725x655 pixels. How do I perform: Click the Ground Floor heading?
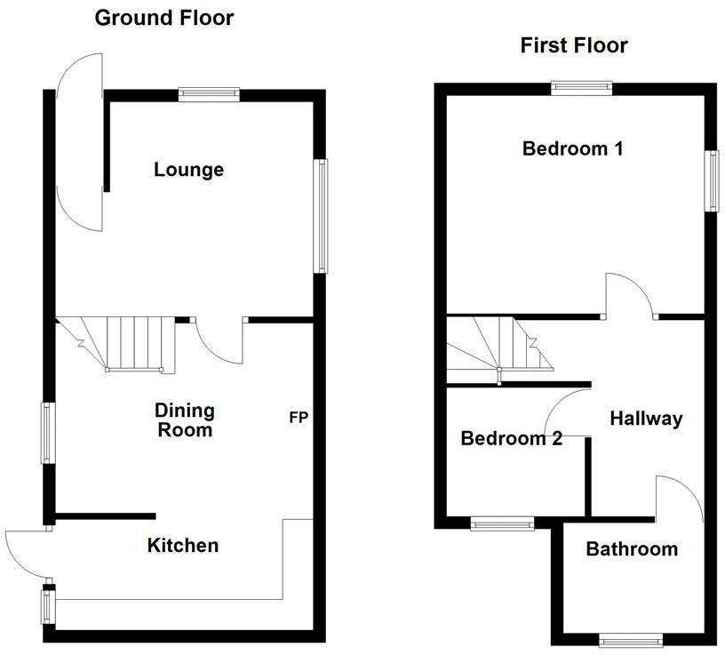pos(163,17)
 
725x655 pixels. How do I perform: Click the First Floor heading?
pos(574,45)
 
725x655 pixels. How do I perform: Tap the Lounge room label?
pos(188,169)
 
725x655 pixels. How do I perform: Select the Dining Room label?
pos(185,420)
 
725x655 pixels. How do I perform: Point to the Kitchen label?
pos(183,545)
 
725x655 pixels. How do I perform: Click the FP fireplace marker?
pos(298,417)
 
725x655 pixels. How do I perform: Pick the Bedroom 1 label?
pos(572,148)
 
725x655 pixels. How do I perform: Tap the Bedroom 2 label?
pos(511,438)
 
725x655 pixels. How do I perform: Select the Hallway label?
pos(646,419)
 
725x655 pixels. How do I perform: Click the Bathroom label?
pos(632,549)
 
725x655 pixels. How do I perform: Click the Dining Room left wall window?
pos(45,433)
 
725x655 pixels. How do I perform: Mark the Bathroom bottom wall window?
pos(631,639)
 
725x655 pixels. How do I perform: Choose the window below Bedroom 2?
pos(502,523)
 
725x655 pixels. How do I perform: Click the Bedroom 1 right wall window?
pos(712,180)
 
